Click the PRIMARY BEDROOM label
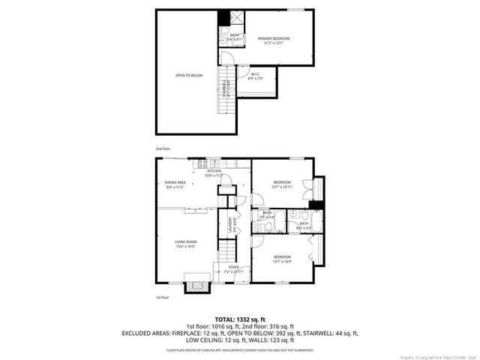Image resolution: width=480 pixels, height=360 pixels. point(274,38)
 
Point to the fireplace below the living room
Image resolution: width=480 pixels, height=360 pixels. point(196,286)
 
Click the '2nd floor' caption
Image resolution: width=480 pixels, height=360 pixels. point(163,148)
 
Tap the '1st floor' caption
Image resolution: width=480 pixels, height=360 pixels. point(163,297)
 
